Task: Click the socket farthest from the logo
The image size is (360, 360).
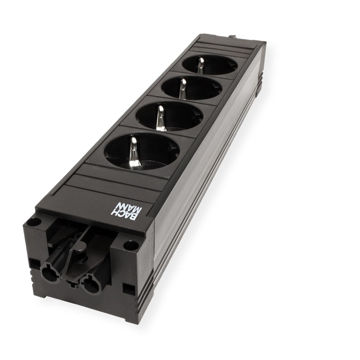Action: point(209,65)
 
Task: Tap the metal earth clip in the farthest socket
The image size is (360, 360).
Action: point(201,65)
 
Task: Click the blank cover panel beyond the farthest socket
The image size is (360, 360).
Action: point(230,47)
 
